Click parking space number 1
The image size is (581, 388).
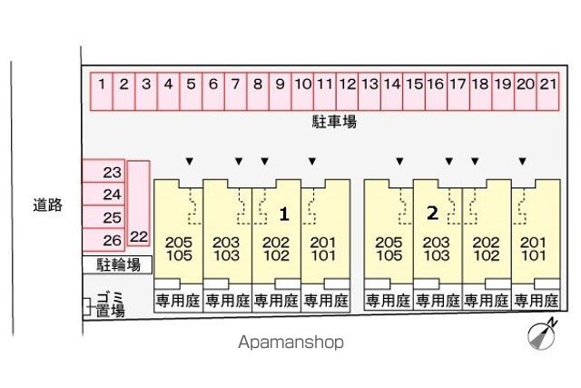(102, 91)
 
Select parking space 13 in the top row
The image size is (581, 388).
(369, 91)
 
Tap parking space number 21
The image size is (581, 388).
(547, 91)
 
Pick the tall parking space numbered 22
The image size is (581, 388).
(139, 204)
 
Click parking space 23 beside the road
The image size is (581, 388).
(103, 171)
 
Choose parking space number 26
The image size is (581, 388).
(103, 240)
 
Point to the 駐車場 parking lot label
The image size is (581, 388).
(334, 122)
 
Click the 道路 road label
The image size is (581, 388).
(48, 204)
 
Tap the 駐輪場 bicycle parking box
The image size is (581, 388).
(117, 264)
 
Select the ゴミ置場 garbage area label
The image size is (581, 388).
(110, 304)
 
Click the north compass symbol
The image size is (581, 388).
(542, 334)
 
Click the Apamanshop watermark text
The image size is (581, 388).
(290, 342)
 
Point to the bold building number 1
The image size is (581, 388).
(284, 214)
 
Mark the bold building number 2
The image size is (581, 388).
(432, 213)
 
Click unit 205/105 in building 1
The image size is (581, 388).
(179, 249)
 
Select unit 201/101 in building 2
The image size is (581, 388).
(533, 249)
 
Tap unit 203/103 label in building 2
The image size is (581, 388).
(437, 249)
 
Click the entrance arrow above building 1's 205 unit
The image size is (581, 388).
(190, 162)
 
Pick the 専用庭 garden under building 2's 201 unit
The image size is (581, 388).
(536, 301)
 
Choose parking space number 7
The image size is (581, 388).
(235, 91)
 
